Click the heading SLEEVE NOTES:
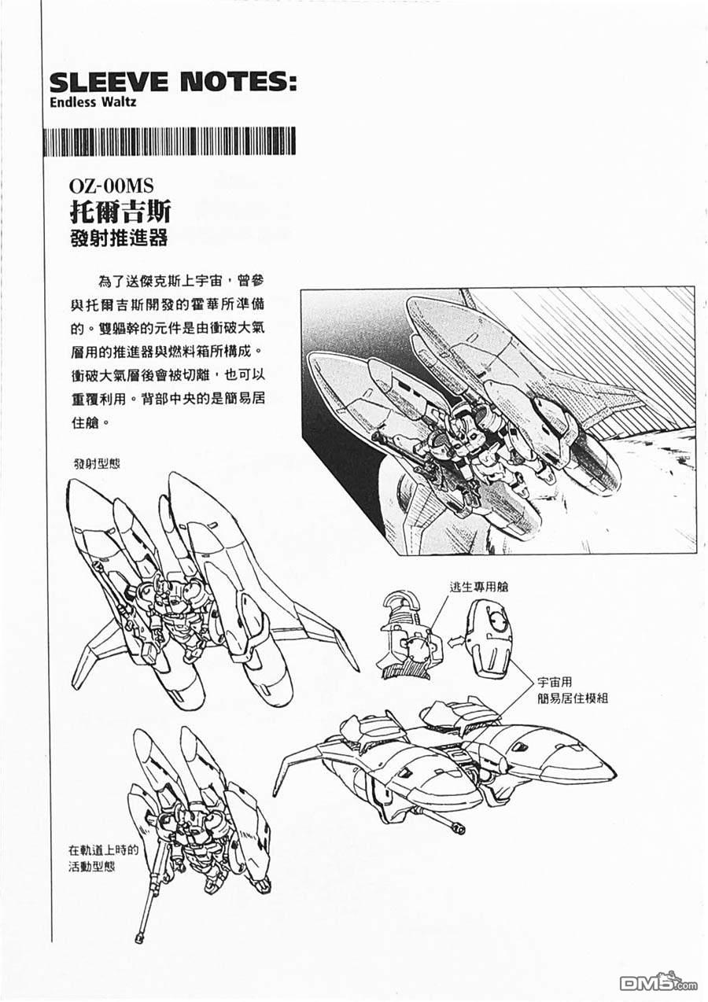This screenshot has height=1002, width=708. (173, 83)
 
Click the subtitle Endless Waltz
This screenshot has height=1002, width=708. (93, 102)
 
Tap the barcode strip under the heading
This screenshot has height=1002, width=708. (169, 142)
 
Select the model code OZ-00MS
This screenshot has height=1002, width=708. (112, 186)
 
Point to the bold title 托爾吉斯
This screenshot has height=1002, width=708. (120, 211)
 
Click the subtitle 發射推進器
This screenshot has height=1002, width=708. (120, 237)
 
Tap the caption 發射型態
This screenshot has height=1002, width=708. (97, 463)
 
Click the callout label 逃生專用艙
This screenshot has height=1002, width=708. (479, 587)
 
